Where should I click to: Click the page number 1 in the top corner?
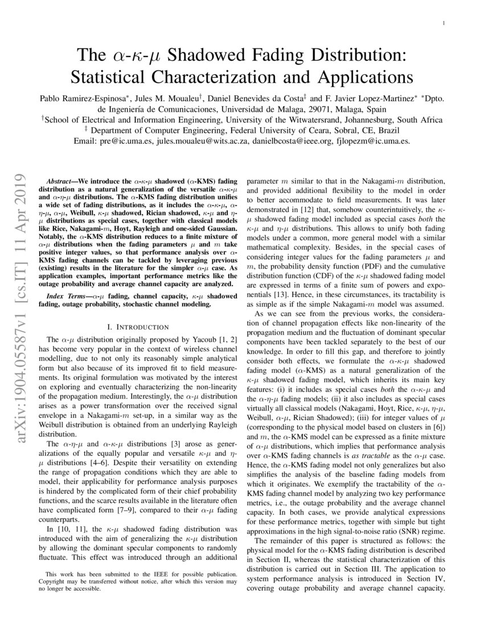[443, 23]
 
